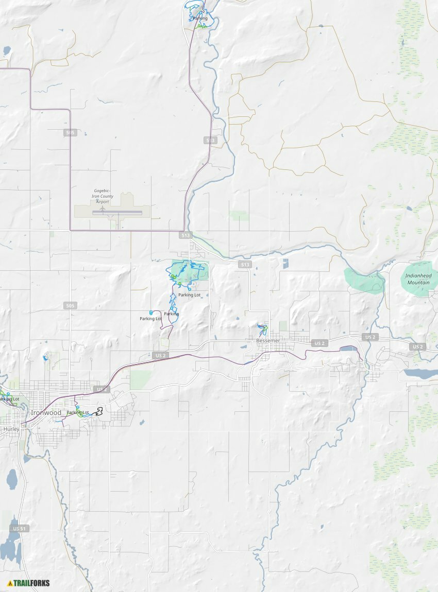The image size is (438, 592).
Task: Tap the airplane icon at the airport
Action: [103, 208]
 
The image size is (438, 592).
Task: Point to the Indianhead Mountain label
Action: [418, 279]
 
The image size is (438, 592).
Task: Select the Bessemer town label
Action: [268, 341]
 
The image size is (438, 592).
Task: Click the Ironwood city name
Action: [46, 413]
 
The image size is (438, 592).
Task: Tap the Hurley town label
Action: [11, 428]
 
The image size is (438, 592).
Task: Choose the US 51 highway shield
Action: [19, 529]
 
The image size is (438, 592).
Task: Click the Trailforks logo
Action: [28, 583]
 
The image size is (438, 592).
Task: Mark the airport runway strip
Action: [117, 212]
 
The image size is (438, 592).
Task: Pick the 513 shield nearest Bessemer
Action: [245, 265]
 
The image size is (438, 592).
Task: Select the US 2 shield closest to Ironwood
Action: [102, 389]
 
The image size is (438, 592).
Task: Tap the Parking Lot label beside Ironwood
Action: [78, 412]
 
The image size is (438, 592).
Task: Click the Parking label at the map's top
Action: [200, 19]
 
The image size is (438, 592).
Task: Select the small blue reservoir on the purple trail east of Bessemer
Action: [348, 349]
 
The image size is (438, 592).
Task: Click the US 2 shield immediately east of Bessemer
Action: [319, 343]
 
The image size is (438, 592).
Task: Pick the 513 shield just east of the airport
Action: [186, 235]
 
